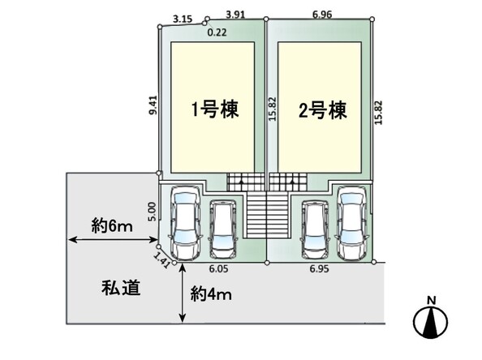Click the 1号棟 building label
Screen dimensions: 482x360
[x=215, y=109]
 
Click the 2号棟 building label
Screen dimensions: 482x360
[x=322, y=110]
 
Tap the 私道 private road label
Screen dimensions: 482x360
[x=121, y=288]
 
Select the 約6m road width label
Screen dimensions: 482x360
[x=112, y=226]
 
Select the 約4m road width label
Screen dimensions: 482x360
[x=211, y=294]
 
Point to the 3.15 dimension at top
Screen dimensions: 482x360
[x=183, y=19]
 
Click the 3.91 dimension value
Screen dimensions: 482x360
[x=235, y=15]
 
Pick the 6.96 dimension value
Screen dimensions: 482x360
[x=322, y=15]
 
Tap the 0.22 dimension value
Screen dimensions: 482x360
[x=217, y=32]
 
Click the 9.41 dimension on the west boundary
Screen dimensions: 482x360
[x=153, y=105]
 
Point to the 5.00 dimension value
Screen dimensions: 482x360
[x=153, y=212]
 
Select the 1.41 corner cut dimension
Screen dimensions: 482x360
[x=161, y=260]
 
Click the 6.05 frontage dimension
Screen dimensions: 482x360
[x=218, y=268]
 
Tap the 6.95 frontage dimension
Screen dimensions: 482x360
[x=319, y=268]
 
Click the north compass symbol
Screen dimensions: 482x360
[x=430, y=322]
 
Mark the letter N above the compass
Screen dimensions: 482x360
[x=432, y=300]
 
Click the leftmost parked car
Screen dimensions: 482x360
[x=186, y=222]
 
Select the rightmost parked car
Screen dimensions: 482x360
[x=352, y=223]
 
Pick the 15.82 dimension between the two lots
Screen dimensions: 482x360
[x=273, y=109]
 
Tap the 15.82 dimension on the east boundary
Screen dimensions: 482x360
[x=378, y=113]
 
